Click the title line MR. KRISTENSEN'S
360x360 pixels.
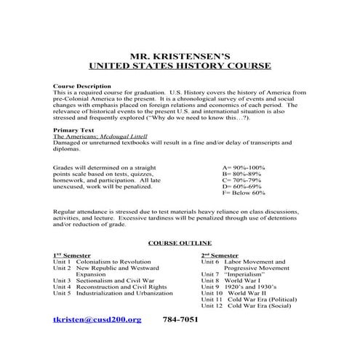[180, 55]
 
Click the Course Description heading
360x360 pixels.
[82, 87]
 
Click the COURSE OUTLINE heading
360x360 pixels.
[180, 242]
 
